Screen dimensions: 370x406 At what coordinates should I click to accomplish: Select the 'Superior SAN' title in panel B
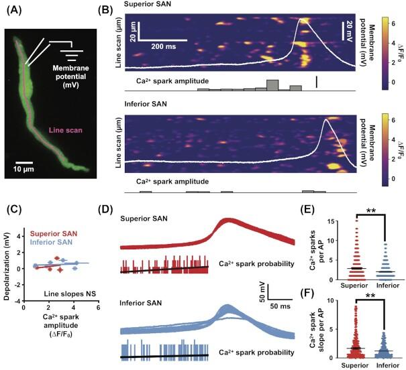coord(150,7)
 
